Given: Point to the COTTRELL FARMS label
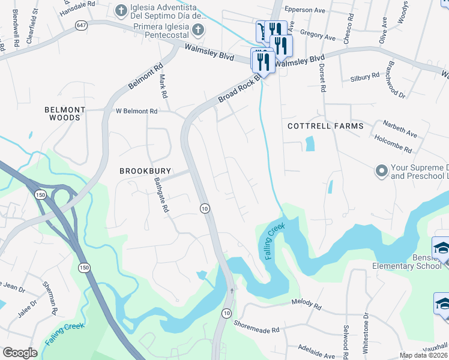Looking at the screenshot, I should click(325, 126).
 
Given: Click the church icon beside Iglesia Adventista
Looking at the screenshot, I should click(120, 10).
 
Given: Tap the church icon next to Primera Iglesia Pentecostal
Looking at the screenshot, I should click(197, 29).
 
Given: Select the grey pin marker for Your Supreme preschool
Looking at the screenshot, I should click(381, 172).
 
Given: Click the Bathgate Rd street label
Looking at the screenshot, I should click(161, 195).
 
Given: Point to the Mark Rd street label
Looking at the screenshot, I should click(161, 88).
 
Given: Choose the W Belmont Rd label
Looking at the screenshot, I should click(136, 111).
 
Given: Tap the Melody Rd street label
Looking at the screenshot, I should click(306, 304).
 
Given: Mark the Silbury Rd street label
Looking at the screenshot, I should click(364, 76).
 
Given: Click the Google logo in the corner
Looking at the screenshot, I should click(20, 353).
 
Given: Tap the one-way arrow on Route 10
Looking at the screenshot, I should click(232, 290).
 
